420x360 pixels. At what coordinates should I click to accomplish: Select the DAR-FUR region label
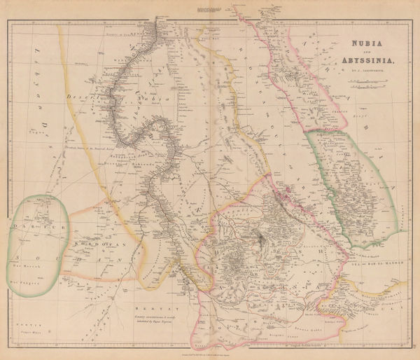coord(35,228)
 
